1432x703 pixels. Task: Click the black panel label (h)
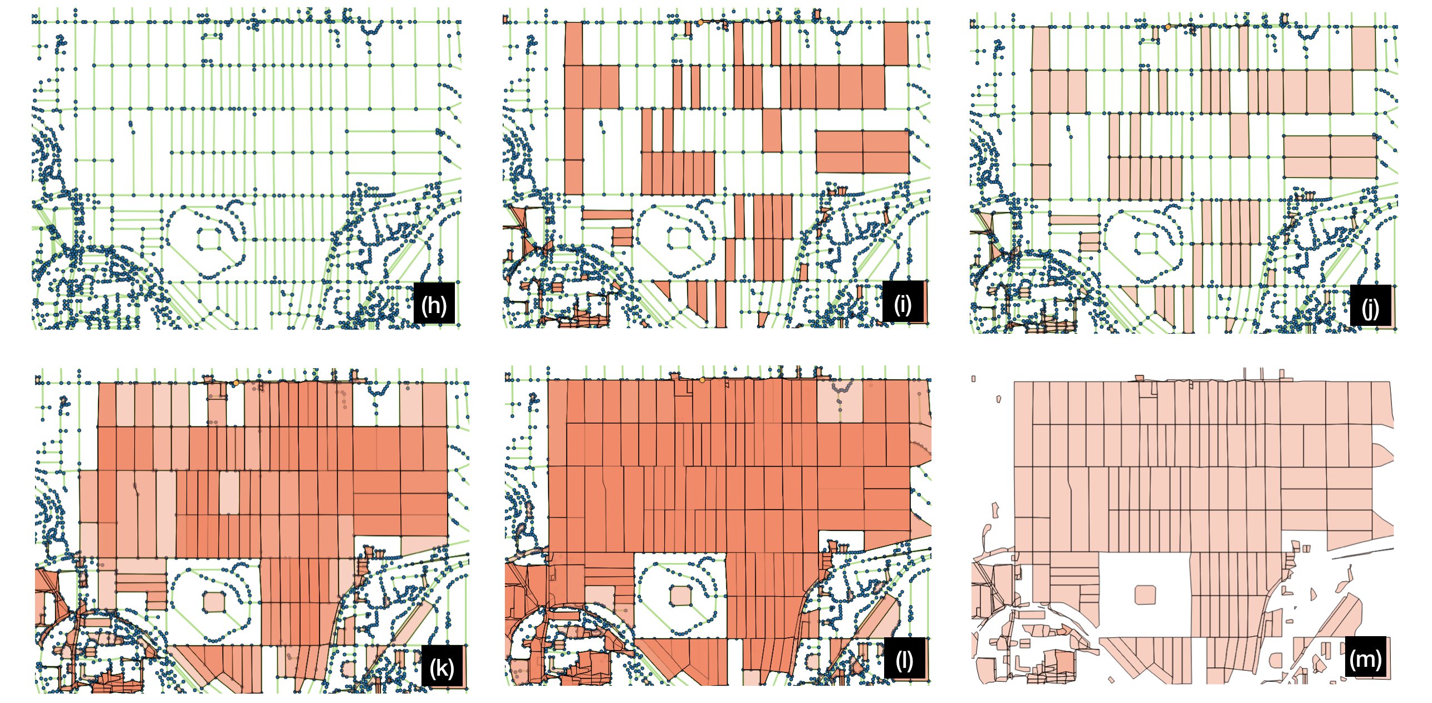[434, 304]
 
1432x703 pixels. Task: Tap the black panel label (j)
[1370, 306]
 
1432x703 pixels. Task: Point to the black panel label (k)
[442, 667]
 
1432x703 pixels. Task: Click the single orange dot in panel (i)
[700, 22]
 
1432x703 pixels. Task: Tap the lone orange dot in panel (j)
[1168, 27]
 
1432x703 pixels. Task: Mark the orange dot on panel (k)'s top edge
[236, 383]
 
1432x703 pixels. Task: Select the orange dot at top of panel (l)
[702, 380]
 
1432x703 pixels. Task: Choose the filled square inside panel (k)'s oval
[213, 602]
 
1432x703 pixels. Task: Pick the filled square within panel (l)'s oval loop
[680, 595]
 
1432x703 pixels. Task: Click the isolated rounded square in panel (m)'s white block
[1145, 594]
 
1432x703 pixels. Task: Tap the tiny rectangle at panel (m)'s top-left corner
[973, 379]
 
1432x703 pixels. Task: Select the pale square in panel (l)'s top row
[840, 401]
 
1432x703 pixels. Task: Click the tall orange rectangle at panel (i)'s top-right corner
[896, 43]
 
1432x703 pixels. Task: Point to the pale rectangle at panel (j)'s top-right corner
[1364, 48]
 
